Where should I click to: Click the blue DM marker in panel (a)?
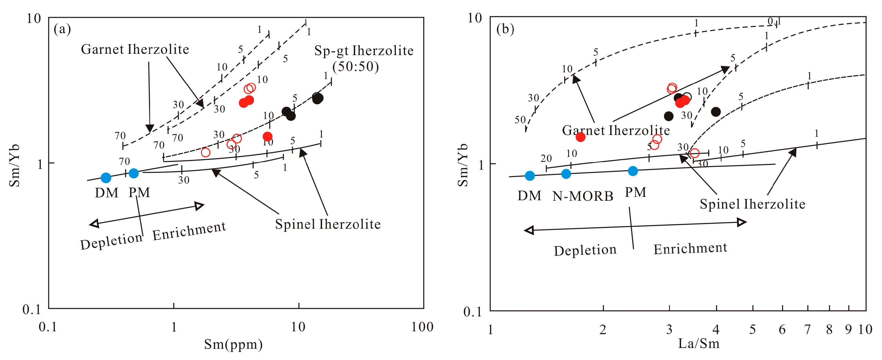pos(106,178)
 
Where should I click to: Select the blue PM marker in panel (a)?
pos(134,173)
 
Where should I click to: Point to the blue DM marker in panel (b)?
pos(530,176)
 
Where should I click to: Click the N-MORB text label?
pos(583,196)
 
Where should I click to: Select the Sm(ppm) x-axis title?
pos(234,344)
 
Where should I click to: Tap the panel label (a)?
pos(62,29)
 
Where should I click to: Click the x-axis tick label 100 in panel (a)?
pos(422,327)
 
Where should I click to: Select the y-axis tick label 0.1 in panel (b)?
pos(473,312)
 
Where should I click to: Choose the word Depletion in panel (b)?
pos(585,250)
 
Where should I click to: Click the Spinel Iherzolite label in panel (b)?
pos(752,204)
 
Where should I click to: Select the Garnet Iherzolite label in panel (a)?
pos(135,49)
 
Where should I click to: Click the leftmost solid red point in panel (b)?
pos(580,137)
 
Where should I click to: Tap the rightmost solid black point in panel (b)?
pos(716,112)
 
